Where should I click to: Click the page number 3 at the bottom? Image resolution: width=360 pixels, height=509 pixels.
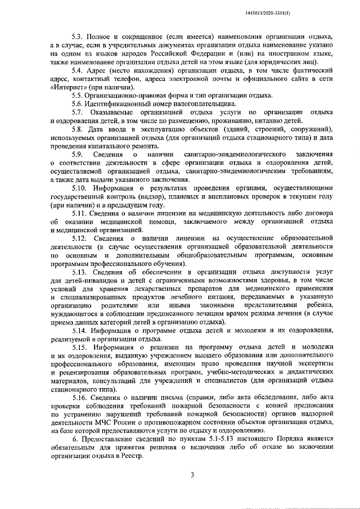pos(192,475)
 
